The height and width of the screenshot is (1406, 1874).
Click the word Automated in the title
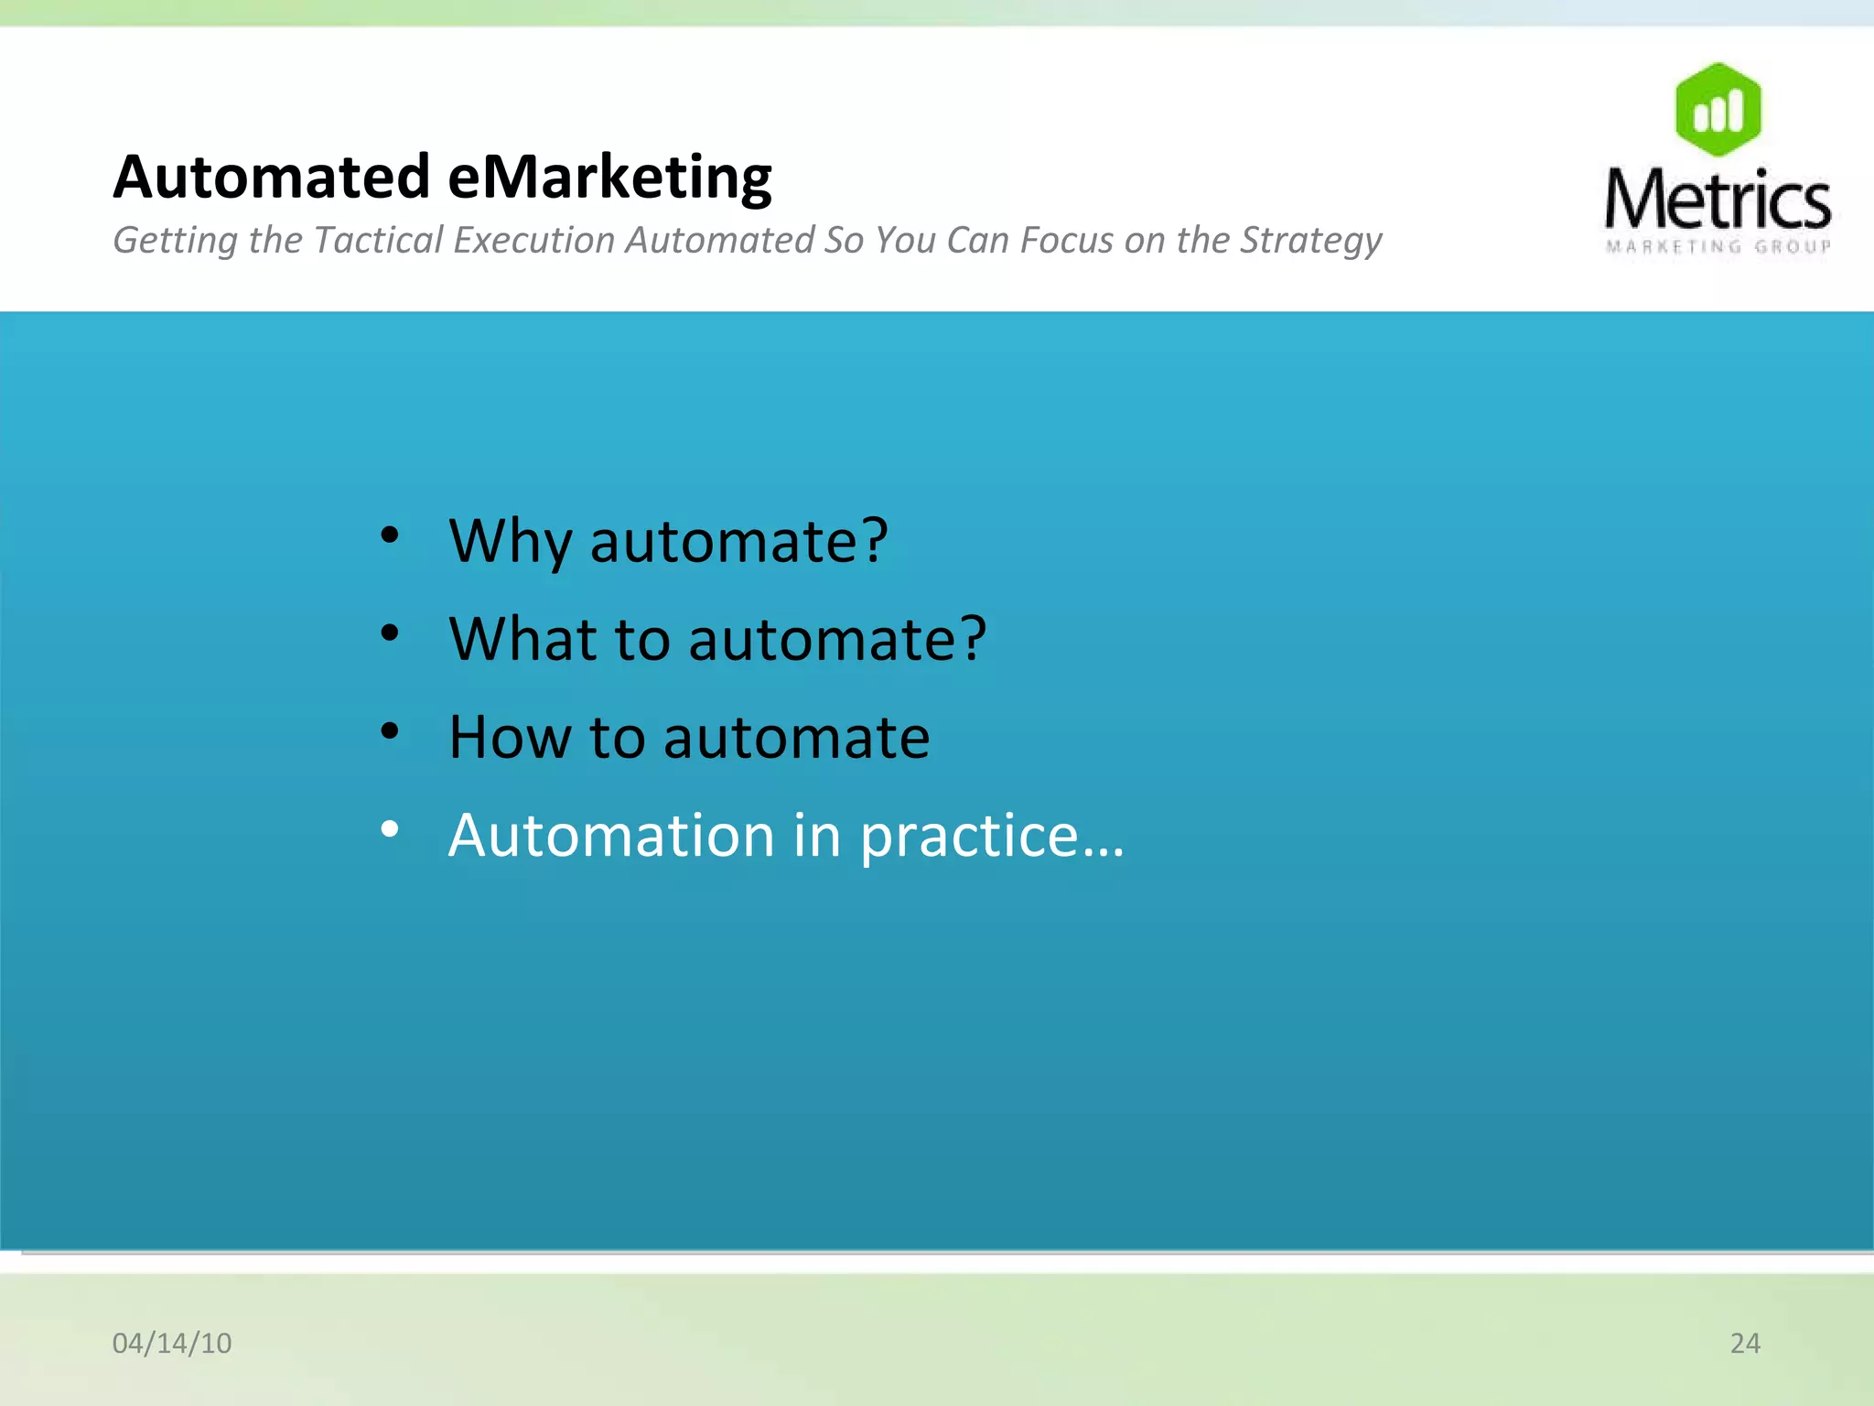coord(272,177)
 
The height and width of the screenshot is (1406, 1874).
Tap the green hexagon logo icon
coord(1718,110)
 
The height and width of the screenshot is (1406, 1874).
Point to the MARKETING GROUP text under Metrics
coord(1718,246)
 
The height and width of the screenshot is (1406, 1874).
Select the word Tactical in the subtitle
coord(378,240)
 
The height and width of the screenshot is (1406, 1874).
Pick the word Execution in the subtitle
coord(534,240)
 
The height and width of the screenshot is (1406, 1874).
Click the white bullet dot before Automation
coord(390,829)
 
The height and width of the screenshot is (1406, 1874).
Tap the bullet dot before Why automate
coord(390,535)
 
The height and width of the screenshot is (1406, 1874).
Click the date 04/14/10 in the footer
coord(172,1343)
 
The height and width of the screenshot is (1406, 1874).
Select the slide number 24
coord(1745,1343)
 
